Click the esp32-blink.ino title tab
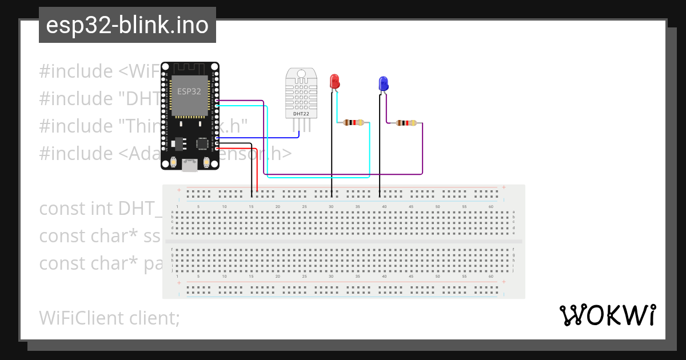127,25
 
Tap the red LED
334,81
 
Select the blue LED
384,84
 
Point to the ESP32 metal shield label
189,91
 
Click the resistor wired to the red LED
353,122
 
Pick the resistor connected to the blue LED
406,123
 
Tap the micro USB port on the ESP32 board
190,166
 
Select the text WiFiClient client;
109,318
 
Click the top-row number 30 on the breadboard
331,206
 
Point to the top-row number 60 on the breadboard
491,206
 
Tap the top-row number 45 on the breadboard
411,206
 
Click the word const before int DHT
62,209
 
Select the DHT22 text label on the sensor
301,114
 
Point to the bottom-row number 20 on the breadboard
278,277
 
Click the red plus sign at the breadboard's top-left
179,190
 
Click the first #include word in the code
76,71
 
